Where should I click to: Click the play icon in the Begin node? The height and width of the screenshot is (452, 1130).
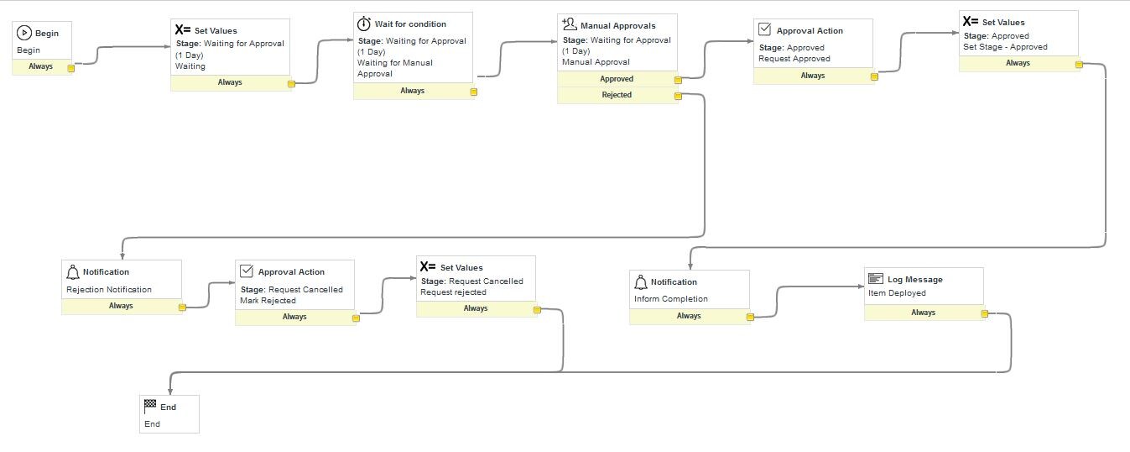pos(24,34)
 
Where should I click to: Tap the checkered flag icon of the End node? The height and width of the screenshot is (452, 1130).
pos(150,407)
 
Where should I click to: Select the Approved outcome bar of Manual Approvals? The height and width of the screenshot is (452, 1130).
pos(617,79)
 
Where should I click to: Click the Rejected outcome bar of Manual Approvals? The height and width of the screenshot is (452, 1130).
pos(617,95)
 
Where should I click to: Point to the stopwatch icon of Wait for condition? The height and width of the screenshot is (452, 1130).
pos(363,24)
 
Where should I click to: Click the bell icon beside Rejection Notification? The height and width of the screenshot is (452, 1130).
pos(72,272)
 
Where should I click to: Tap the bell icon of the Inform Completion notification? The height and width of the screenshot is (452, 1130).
pos(640,282)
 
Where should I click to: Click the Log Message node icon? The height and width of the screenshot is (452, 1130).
pos(875,279)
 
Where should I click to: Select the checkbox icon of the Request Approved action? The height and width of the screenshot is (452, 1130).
pos(764,30)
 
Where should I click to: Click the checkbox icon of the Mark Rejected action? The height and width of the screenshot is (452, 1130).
pos(247,271)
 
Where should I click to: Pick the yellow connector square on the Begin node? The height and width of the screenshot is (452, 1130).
pos(71,68)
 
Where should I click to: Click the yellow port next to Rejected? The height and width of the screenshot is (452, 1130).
pos(678,96)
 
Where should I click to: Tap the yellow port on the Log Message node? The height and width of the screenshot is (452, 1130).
pos(985,314)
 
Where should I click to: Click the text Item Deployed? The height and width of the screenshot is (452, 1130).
pos(897,293)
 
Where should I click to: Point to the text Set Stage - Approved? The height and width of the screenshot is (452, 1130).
pos(1005,47)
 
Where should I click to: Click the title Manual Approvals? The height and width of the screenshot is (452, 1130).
pos(617,26)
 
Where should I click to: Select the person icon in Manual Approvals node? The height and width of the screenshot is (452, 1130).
pos(569,24)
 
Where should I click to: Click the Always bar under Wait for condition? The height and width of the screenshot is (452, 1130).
pos(412,91)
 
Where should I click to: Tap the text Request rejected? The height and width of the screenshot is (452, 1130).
pos(453,292)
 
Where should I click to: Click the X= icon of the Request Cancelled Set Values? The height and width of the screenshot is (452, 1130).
pos(428,267)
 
